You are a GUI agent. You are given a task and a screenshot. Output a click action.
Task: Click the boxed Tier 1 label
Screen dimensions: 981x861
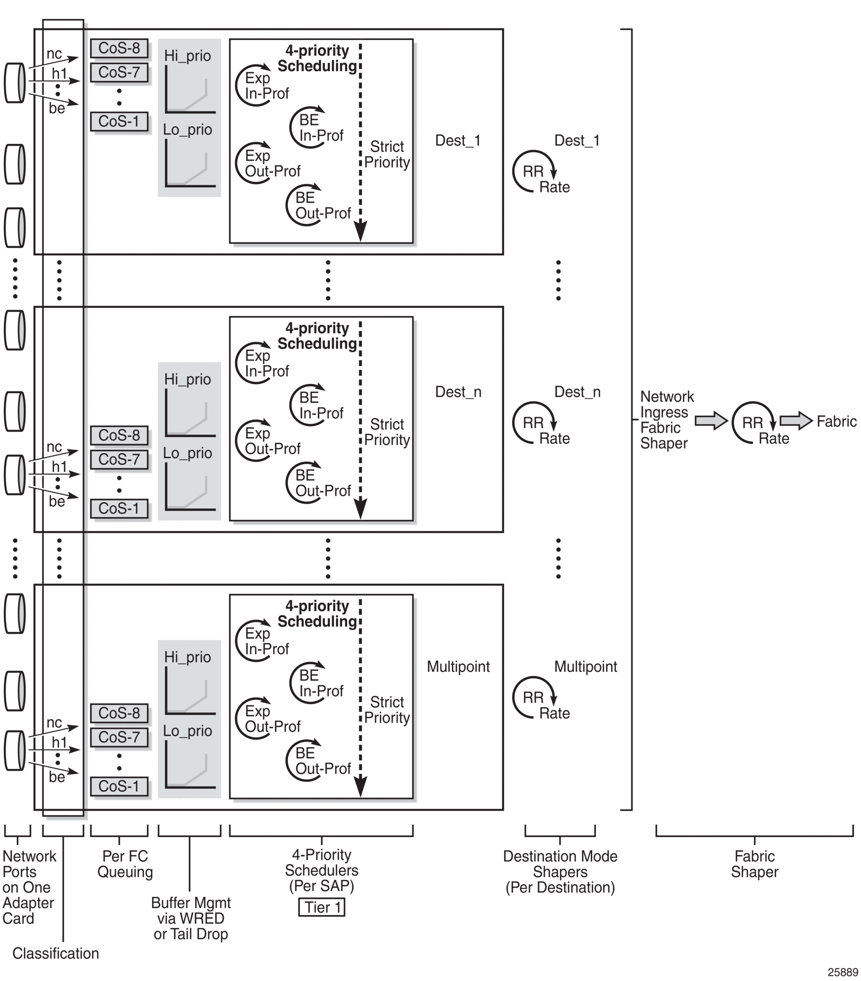321,907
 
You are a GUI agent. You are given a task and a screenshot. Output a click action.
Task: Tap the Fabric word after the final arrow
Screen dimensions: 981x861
836,421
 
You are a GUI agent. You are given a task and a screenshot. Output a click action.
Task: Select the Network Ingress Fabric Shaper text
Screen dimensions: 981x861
666,420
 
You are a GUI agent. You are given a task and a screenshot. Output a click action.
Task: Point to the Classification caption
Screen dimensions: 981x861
55,953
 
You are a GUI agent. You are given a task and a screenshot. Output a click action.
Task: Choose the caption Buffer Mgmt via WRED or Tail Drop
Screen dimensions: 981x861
191,918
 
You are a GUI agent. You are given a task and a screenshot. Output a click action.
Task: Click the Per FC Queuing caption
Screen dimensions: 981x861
125,864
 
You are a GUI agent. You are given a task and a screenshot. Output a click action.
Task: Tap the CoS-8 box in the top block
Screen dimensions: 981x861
119,48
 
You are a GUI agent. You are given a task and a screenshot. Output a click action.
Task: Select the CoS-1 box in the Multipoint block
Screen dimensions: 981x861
119,786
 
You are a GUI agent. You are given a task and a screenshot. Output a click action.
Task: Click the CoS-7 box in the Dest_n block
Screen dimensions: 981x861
119,460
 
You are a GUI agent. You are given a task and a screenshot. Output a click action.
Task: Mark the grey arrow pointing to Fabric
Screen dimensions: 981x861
795,421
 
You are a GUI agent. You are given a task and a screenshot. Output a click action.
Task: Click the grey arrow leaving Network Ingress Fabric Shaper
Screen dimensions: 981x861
711,421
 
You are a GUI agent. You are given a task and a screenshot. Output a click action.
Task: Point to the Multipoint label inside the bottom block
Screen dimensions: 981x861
458,666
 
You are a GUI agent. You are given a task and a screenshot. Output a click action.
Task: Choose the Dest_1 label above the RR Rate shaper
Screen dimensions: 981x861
577,141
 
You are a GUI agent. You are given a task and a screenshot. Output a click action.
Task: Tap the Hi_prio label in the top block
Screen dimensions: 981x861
187,56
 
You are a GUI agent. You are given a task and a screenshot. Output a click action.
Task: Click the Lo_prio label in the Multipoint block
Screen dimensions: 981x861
187,731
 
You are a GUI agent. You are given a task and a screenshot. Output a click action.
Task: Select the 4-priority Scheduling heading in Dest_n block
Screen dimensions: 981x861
317,336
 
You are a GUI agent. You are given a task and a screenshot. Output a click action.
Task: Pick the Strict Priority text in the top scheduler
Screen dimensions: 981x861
387,155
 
